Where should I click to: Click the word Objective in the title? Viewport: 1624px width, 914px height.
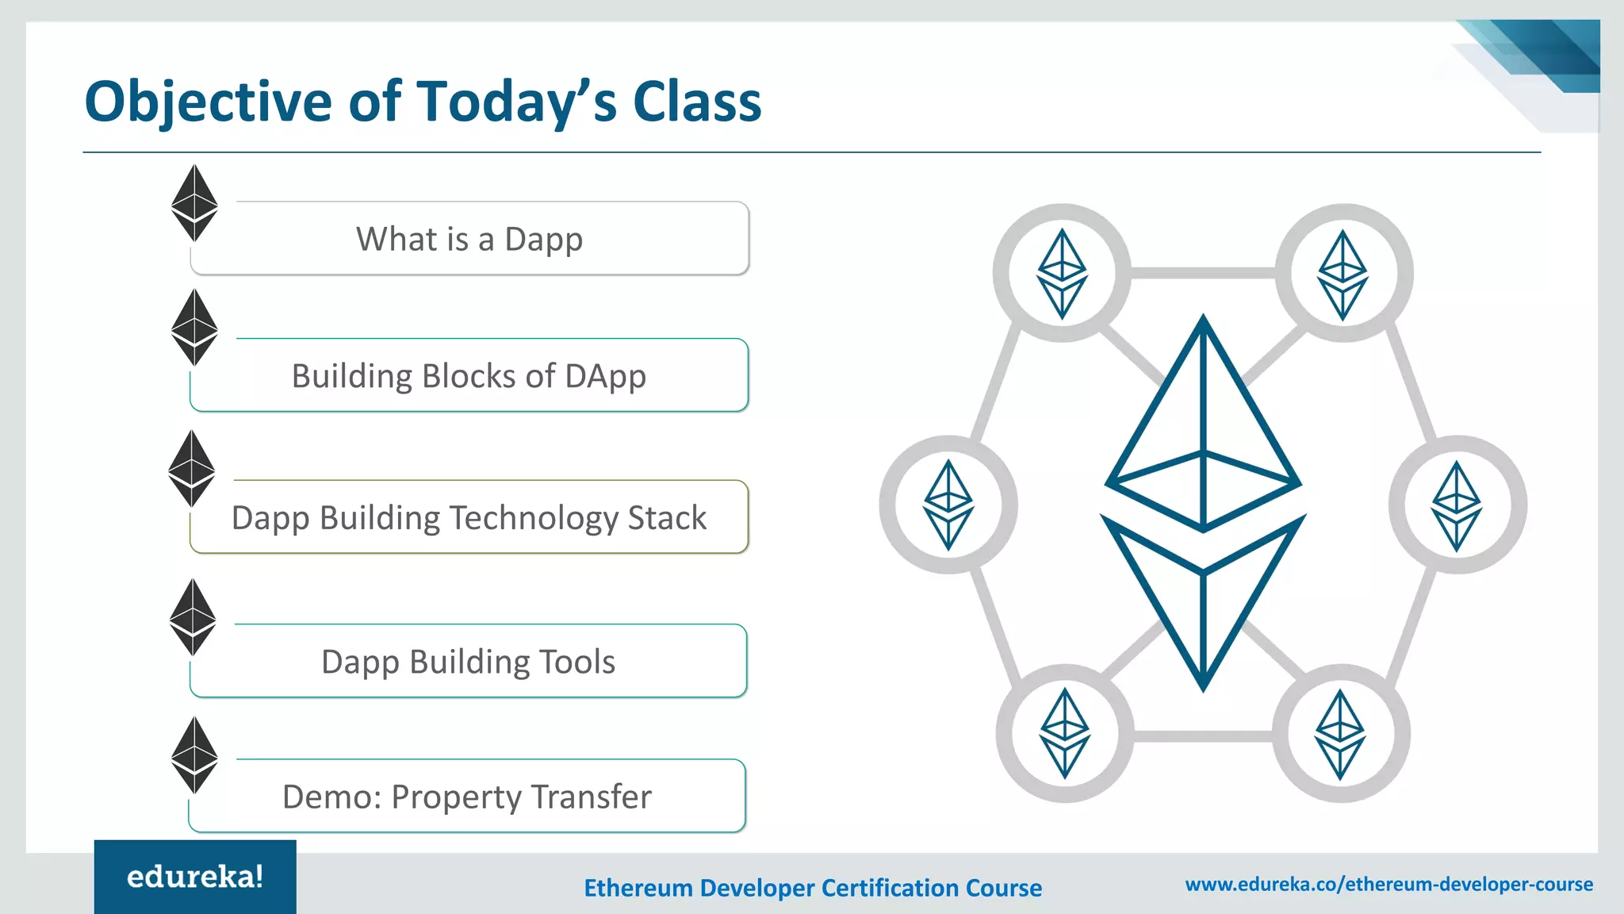coord(209,103)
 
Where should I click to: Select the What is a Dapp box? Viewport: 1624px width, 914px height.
coord(469,239)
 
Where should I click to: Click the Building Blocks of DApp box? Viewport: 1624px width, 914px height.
coord(469,376)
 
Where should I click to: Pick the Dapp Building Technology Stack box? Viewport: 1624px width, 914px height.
coord(469,517)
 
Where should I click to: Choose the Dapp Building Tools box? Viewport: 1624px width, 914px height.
coord(468,662)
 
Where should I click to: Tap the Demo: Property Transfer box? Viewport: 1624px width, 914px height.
coord(467,797)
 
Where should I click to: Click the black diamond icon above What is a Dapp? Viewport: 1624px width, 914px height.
coord(194,203)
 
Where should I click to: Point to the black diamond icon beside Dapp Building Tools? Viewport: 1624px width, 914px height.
coord(193,617)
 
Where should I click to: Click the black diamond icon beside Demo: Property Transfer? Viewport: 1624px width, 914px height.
coord(194,755)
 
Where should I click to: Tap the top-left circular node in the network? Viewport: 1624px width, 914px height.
coord(1062,274)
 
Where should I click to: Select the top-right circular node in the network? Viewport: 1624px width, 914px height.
coord(1342,274)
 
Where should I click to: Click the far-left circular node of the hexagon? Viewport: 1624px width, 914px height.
coord(948,505)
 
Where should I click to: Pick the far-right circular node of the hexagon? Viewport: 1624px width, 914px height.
coord(1457,505)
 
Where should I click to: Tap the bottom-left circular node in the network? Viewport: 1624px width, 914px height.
coord(1064,733)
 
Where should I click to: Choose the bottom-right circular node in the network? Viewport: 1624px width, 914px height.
coord(1340,733)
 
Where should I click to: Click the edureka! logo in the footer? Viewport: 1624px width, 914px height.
coord(195,877)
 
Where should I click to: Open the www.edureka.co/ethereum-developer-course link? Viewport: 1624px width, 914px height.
coord(1388,884)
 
